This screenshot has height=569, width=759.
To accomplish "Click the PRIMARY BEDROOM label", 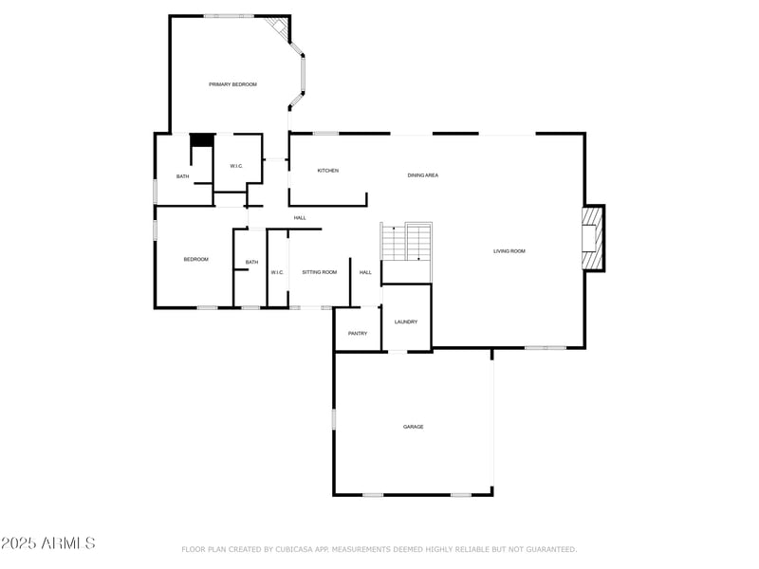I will pyautogui.click(x=232, y=84).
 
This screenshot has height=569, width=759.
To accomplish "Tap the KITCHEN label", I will pyautogui.click(x=328, y=171).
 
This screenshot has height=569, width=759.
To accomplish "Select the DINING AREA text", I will pyautogui.click(x=423, y=175).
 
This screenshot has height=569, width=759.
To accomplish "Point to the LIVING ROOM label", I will pyautogui.click(x=509, y=251).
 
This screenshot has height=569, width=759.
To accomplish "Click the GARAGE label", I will pyautogui.click(x=414, y=427).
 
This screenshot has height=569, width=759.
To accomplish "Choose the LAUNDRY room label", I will pyautogui.click(x=406, y=322).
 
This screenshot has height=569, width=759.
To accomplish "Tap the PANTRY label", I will pyautogui.click(x=358, y=334).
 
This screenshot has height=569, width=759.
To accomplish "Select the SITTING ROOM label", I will pyautogui.click(x=320, y=272).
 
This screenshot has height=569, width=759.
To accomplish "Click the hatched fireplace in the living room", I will pyautogui.click(x=592, y=237).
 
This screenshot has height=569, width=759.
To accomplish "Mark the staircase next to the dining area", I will pyautogui.click(x=407, y=242).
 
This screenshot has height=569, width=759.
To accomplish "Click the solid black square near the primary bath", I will pyautogui.click(x=201, y=139).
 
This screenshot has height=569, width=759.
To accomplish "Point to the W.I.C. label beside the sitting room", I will pyautogui.click(x=277, y=272).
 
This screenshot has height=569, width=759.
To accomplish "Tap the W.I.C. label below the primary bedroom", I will pyautogui.click(x=236, y=167).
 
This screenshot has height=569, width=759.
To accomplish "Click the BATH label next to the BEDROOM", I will pyautogui.click(x=251, y=263).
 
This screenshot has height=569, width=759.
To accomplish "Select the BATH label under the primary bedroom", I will pyautogui.click(x=183, y=176).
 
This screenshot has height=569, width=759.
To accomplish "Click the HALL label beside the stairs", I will pyautogui.click(x=365, y=272).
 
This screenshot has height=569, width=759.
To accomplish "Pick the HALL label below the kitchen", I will pyautogui.click(x=300, y=218).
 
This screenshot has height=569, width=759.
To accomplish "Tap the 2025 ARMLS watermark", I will pyautogui.click(x=48, y=543).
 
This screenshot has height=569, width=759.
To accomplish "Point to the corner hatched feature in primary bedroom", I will pyautogui.click(x=277, y=28).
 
